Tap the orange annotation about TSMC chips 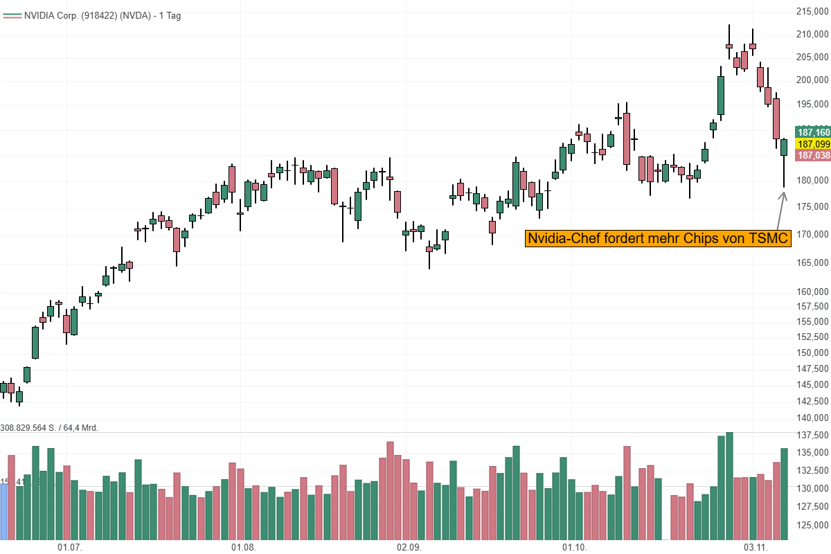(x=658, y=239)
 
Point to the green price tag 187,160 (x=814, y=132)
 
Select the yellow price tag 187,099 (x=814, y=144)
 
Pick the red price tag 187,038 (x=814, y=156)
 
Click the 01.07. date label (x=70, y=547)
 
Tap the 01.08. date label (x=243, y=547)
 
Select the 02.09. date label (x=409, y=547)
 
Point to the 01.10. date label (x=574, y=547)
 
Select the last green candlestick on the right (x=784, y=148)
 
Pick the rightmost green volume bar (x=784, y=494)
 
